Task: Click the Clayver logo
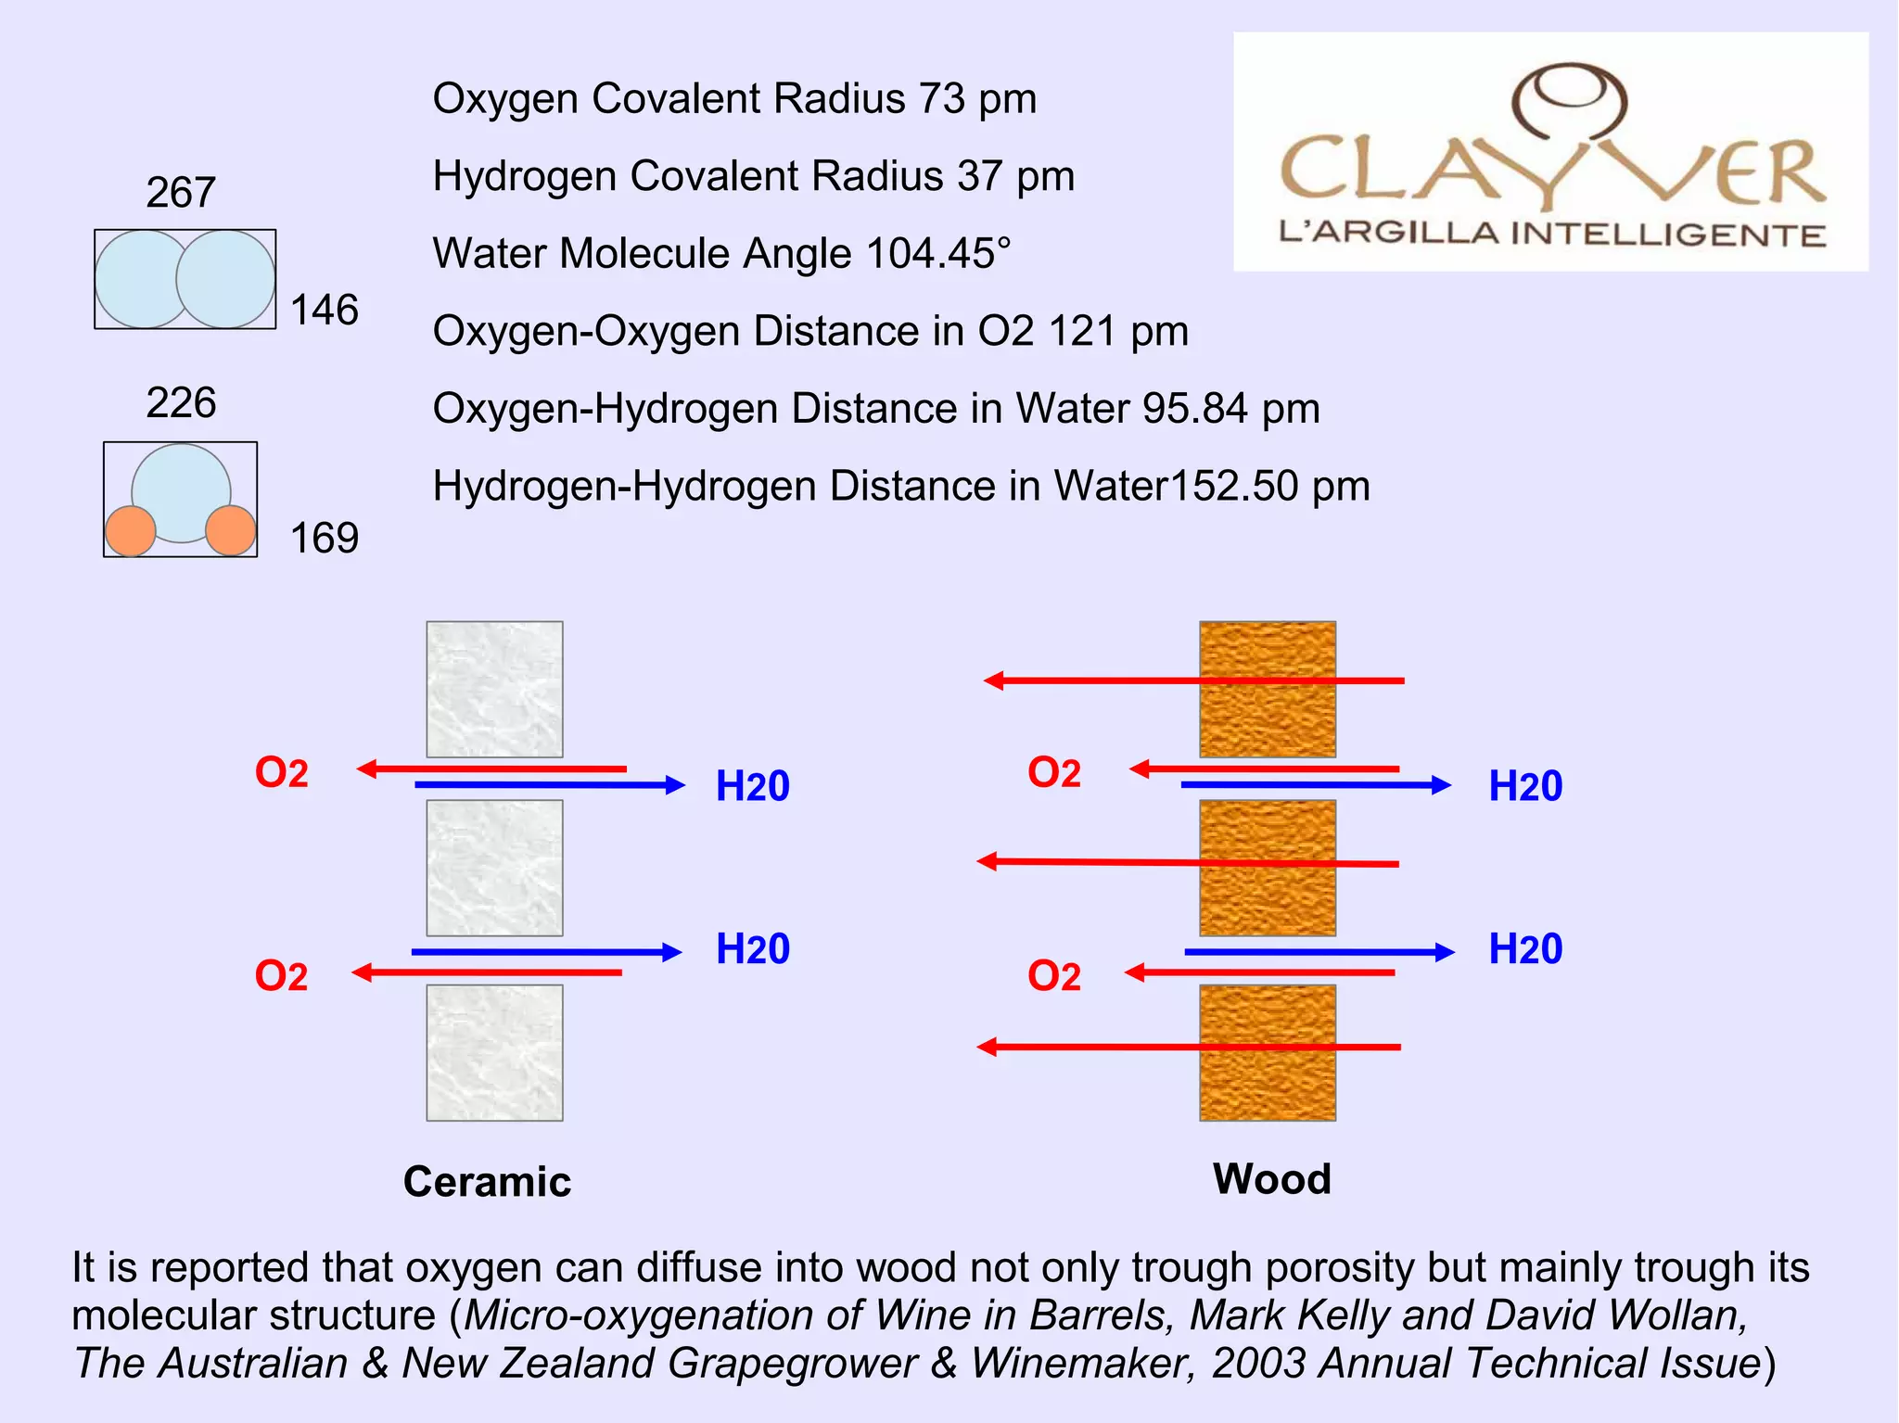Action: [1550, 152]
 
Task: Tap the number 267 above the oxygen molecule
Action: [181, 193]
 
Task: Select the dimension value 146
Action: [325, 310]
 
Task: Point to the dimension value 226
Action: [181, 403]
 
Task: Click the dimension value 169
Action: [325, 539]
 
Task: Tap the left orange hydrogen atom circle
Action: [131, 531]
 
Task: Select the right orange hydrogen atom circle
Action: [231, 531]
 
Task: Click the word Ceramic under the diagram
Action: [487, 1182]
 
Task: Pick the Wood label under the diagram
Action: [1271, 1179]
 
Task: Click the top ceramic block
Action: [494, 689]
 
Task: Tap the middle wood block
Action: [1268, 868]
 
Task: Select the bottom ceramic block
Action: [494, 1052]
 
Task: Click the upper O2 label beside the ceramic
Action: [281, 772]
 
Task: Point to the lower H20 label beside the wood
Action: [1525, 949]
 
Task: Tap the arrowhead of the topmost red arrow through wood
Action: [993, 681]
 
